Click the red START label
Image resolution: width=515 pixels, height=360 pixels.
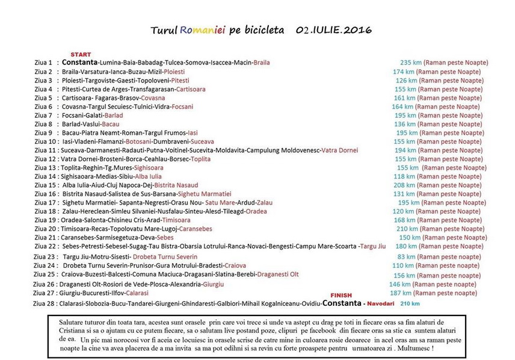[x=81, y=55]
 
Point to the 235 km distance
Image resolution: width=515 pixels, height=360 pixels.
[x=410, y=63]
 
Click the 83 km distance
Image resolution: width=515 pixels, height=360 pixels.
[x=405, y=255]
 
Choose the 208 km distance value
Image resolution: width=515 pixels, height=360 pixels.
[x=404, y=185]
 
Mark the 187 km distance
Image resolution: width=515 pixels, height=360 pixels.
[x=399, y=293]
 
